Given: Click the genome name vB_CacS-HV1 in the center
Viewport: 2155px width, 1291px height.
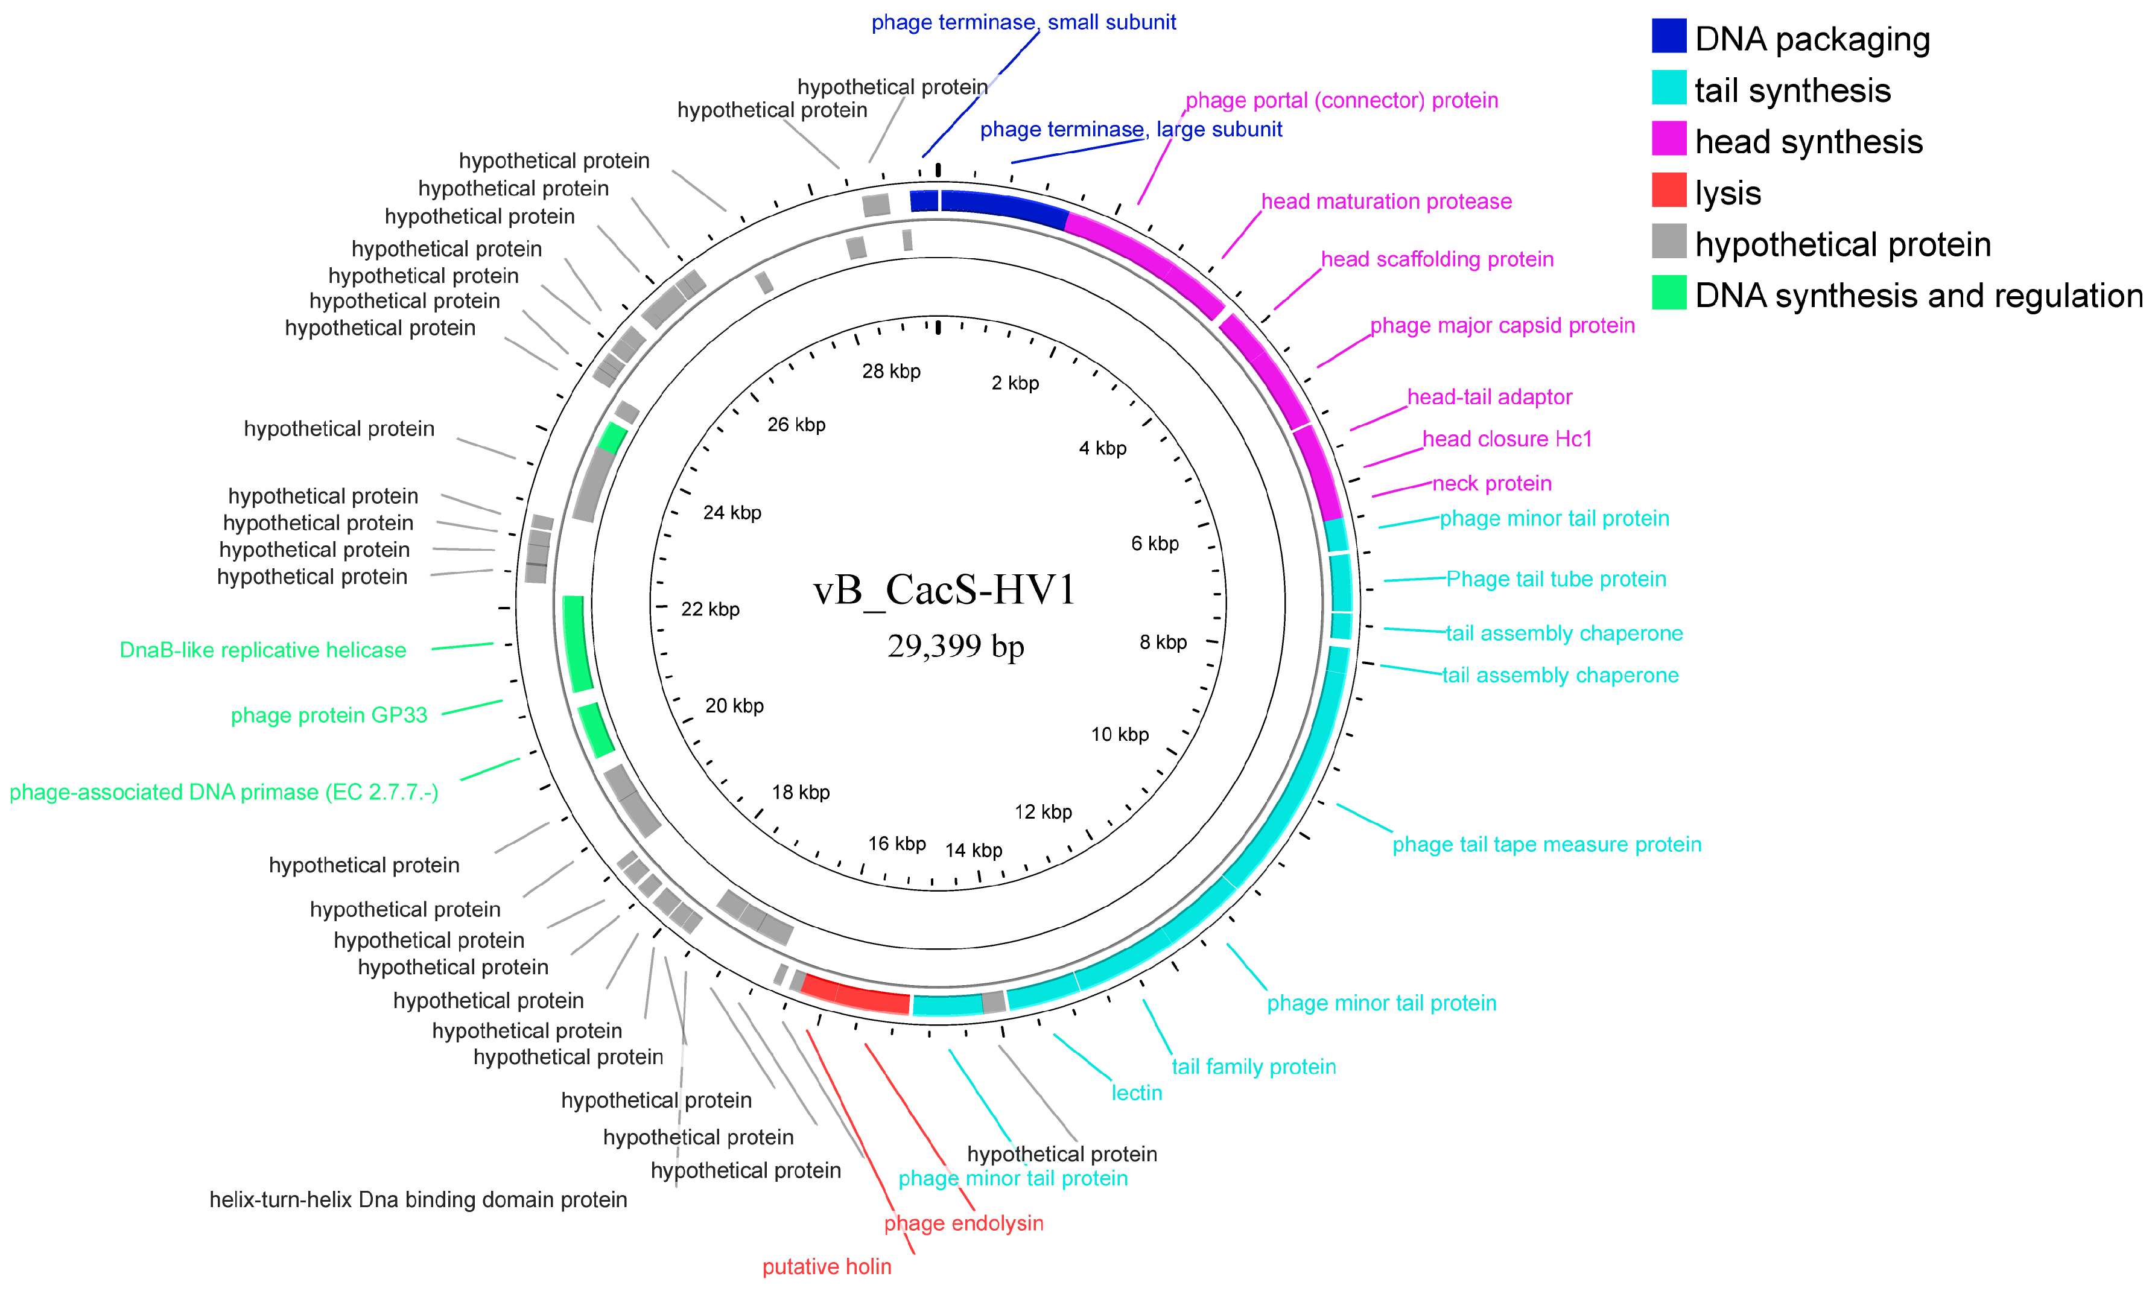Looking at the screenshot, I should pos(944,590).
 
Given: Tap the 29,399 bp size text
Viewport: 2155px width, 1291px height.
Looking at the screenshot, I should pos(955,646).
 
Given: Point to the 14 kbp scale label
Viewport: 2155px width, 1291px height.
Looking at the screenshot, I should pos(974,851).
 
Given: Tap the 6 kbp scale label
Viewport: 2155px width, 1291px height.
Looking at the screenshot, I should pos(1155,544).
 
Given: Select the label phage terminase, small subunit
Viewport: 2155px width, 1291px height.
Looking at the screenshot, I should pos(1023,22).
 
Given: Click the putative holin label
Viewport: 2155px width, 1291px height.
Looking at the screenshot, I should pos(827,1267).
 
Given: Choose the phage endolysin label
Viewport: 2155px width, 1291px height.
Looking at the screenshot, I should pos(963,1223).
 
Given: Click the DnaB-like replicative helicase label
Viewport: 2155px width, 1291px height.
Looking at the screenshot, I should pos(263,651).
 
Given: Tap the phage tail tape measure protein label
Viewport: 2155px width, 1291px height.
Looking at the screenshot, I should pos(1546,845).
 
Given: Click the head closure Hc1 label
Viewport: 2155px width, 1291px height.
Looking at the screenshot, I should pos(1507,439).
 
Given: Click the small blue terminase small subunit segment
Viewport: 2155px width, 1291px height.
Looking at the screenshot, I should pos(924,201).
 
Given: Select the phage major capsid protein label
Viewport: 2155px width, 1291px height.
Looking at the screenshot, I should pos(1502,325).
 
